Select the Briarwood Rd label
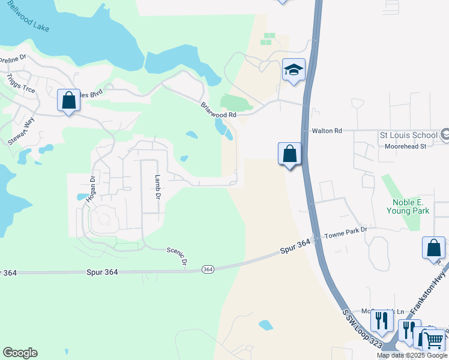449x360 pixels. pyautogui.click(x=218, y=110)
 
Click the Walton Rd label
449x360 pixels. pyautogui.click(x=327, y=130)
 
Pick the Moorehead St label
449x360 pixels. pyautogui.click(x=405, y=146)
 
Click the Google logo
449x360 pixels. pyautogui.click(x=20, y=353)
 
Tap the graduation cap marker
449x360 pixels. pyautogui.click(x=294, y=70)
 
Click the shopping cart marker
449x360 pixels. pyautogui.click(x=434, y=340)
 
